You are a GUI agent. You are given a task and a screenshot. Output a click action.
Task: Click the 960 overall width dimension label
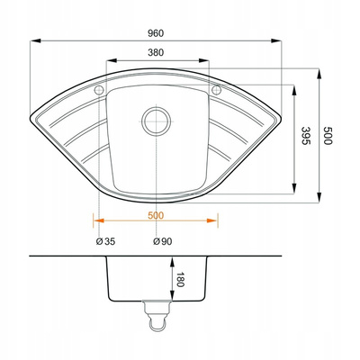pyautogui.click(x=156, y=33)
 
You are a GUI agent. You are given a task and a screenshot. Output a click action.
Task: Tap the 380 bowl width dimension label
pyautogui.click(x=156, y=52)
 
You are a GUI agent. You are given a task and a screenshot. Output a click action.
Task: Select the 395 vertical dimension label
pyautogui.click(x=305, y=136)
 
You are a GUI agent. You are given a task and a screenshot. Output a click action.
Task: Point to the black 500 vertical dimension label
pyautogui.click(x=328, y=136)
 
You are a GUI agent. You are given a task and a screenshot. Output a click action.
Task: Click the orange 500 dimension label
pyautogui.click(x=156, y=215)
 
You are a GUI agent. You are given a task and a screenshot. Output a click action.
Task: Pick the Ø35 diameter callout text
pyautogui.click(x=105, y=241)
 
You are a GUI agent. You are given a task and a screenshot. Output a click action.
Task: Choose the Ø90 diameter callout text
pyautogui.click(x=163, y=241)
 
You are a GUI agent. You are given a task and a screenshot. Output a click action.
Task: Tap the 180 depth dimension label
pyautogui.click(x=180, y=279)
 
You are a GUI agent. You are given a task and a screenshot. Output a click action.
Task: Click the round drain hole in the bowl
pyautogui.click(x=156, y=121)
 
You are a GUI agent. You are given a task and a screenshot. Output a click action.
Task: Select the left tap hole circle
pyautogui.click(x=99, y=90)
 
